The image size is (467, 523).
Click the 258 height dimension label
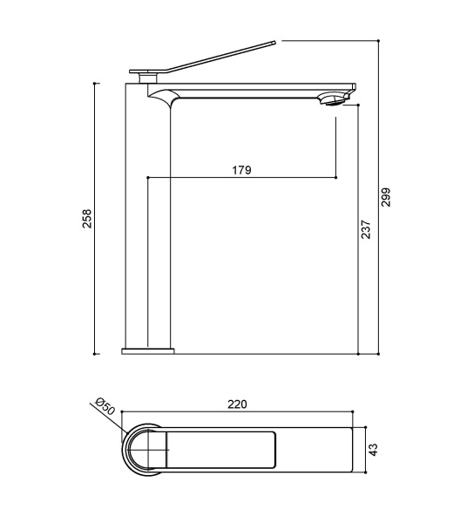pyautogui.click(x=86, y=219)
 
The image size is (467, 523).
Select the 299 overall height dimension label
pyautogui.click(x=386, y=197)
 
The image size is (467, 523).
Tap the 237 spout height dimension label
pyautogui.click(x=366, y=229)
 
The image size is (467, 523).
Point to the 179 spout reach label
pyautogui.click(x=241, y=170)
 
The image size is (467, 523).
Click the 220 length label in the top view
pyautogui.click(x=237, y=404)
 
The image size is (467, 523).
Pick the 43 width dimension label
pyautogui.click(x=374, y=450)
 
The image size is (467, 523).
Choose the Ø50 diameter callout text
pyautogui.click(x=105, y=406)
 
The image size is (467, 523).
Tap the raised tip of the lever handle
pyautogui.click(x=274, y=43)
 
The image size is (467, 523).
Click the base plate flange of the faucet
pyautogui.click(x=148, y=351)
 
